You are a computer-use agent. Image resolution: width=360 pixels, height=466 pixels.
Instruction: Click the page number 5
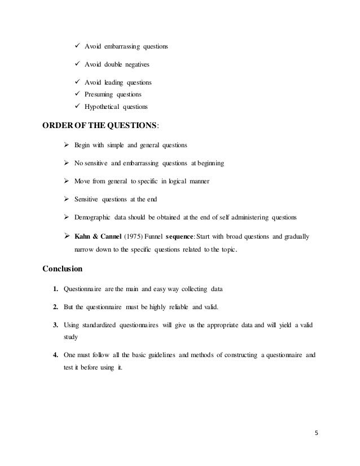click(x=316, y=434)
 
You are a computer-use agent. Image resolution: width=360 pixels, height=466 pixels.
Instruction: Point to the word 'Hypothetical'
click(x=103, y=107)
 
